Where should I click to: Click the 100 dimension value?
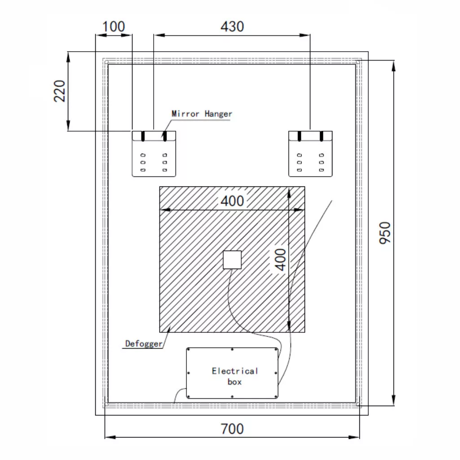[x=114, y=27]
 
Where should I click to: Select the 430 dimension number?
[x=232, y=27]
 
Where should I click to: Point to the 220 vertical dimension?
[x=60, y=91]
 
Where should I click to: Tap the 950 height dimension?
[x=385, y=233]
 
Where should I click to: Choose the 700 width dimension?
[x=232, y=429]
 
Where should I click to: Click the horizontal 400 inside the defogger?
[x=232, y=201]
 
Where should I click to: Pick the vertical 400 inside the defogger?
[x=281, y=260]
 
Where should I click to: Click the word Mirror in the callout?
[x=186, y=114]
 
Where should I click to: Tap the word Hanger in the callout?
[x=218, y=114]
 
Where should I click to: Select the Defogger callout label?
[x=144, y=344]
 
